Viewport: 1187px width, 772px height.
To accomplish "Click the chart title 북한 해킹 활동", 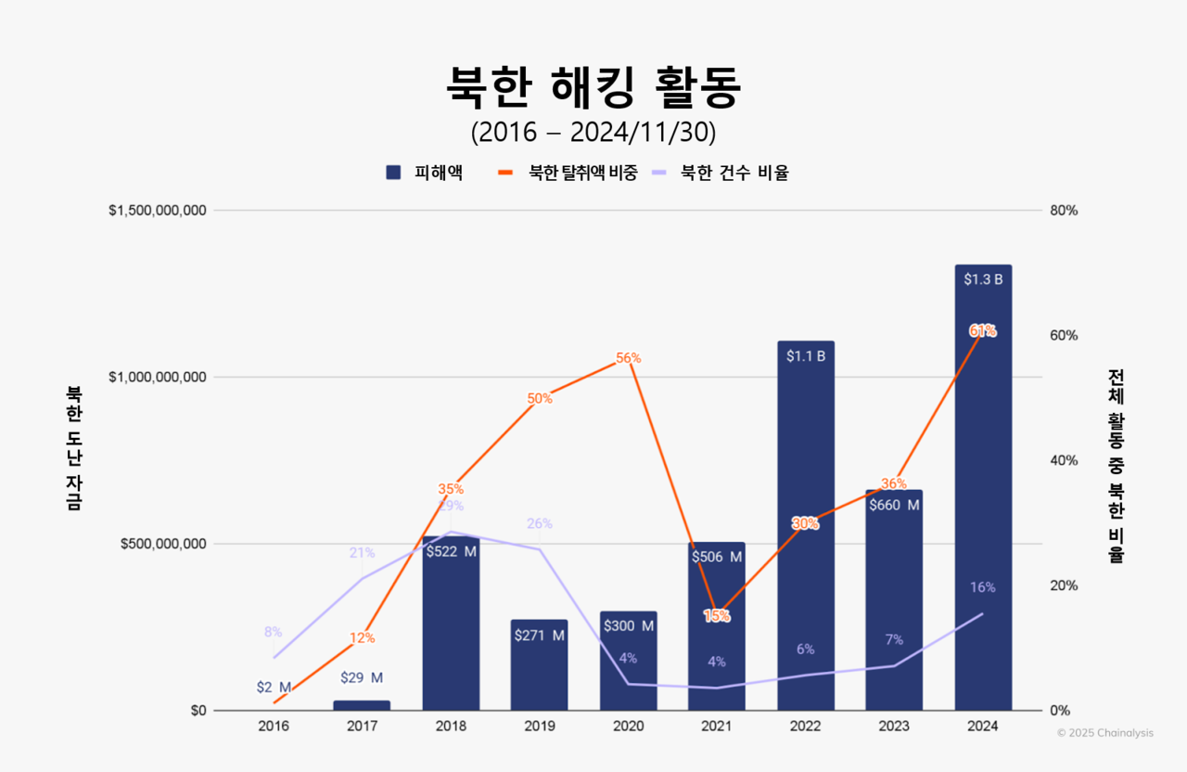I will pos(593,88).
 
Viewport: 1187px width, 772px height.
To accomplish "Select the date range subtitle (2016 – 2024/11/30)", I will pos(593,133).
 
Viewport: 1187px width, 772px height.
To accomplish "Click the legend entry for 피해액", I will pos(426,173).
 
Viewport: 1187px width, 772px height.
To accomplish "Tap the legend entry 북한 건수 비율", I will pos(722,173).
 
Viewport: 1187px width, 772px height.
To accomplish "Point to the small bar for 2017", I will pos(362,705).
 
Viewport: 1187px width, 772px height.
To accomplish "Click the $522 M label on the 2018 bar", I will pos(451,551).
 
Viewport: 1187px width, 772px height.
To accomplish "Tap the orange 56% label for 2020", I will pos(629,358).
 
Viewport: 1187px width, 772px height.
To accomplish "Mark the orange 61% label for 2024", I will pos(983,331).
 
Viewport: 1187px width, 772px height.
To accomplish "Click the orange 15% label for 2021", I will pos(717,615).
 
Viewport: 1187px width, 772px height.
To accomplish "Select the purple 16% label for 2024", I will pos(983,587).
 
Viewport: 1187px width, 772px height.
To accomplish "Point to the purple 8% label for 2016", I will pos(273,632).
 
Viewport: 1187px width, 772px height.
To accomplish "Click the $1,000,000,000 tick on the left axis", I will pos(158,377).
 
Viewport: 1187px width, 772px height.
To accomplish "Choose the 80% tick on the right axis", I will pos(1065,211).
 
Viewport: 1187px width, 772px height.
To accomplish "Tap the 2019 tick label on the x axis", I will pos(540,727).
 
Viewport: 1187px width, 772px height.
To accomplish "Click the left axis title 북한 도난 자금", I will pos(73,447).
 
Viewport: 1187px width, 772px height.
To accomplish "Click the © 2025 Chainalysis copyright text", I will pos(1105,733).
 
